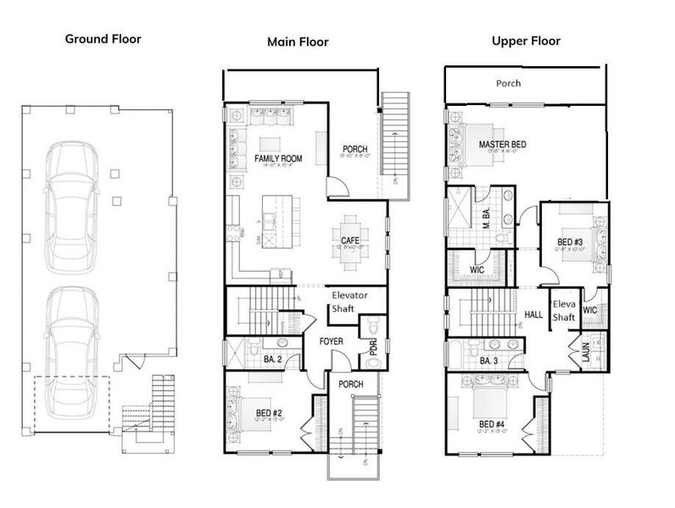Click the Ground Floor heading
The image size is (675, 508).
coord(103,38)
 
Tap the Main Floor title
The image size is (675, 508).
coord(297,41)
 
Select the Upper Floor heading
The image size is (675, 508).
coord(525,40)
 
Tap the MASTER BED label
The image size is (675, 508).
coord(502,145)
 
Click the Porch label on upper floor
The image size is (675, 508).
coord(509,84)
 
